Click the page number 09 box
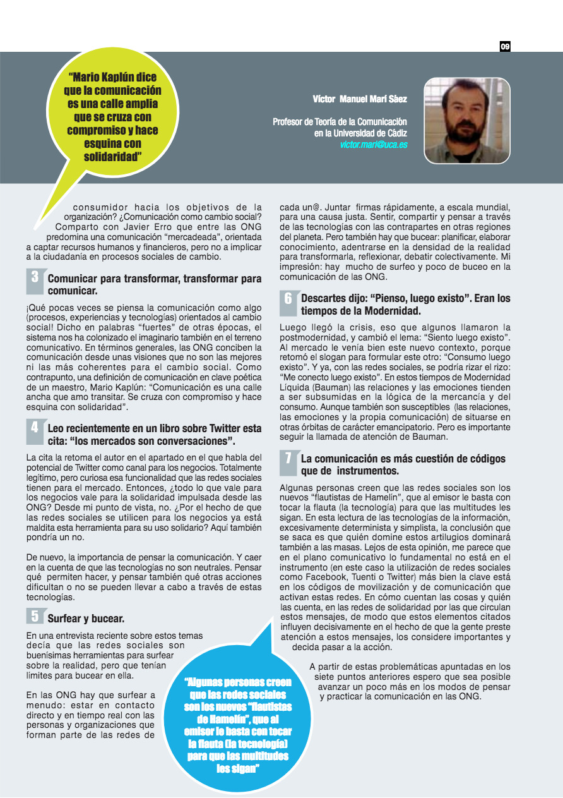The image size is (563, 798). tap(505, 46)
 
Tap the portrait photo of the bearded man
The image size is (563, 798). tap(466, 120)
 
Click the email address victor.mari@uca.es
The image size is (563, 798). tap(374, 145)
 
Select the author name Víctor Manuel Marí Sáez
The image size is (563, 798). tap(360, 99)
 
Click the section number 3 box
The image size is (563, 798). tap(35, 277)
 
